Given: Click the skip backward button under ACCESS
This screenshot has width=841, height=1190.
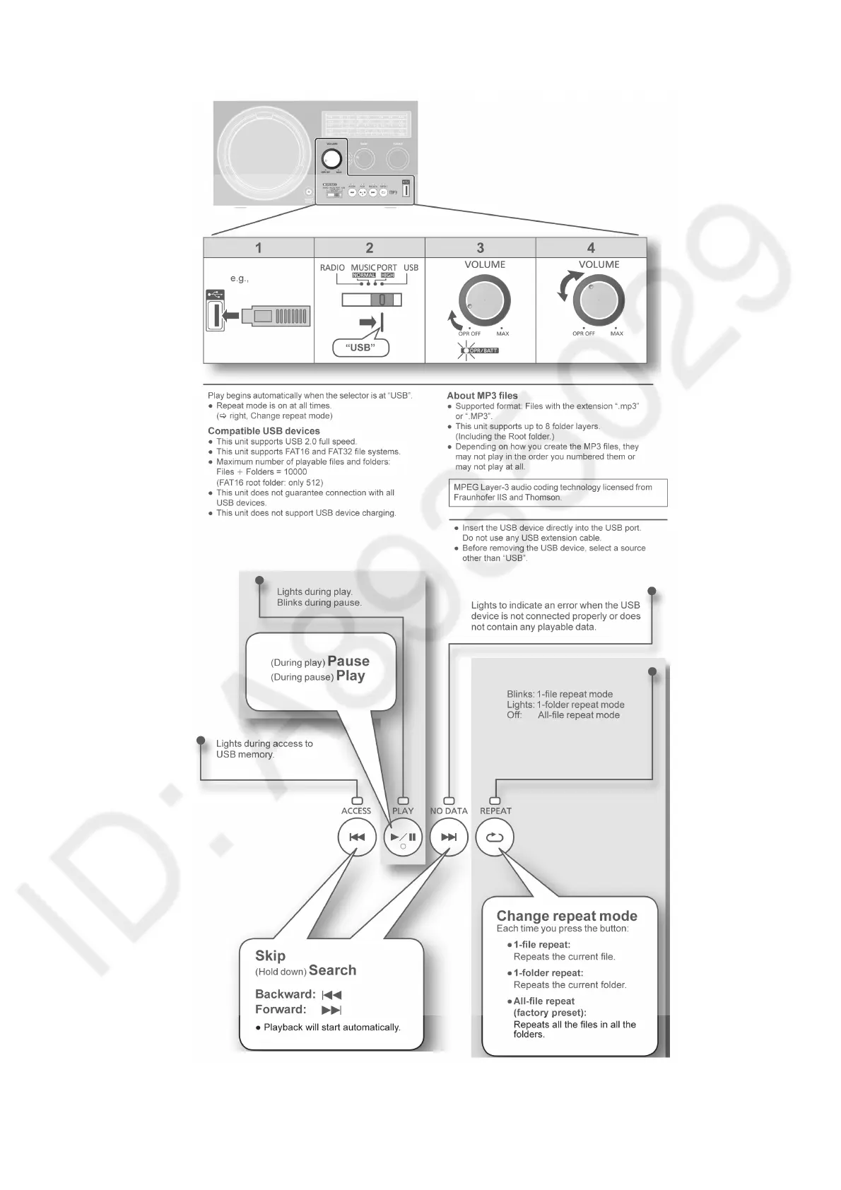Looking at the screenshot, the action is (357, 837).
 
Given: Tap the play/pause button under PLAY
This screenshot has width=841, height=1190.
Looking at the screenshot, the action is (403, 837).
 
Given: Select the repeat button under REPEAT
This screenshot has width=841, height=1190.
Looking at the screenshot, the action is (495, 837).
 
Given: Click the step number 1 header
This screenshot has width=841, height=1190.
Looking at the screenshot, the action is (259, 248).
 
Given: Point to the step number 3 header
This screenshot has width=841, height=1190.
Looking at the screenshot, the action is (481, 248).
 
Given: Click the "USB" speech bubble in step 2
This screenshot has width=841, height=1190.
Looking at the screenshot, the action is (360, 348).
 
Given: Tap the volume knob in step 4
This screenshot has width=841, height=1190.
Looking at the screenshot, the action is (599, 300).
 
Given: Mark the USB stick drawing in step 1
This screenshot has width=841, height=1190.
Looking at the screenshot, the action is (276, 316).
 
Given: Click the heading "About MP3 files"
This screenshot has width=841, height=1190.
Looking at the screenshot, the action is (482, 396).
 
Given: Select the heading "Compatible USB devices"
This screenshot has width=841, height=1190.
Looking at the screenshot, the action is (264, 431).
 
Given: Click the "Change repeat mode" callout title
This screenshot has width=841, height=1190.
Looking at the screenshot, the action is (567, 916).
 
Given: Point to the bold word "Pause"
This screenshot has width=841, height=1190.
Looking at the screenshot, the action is (348, 661).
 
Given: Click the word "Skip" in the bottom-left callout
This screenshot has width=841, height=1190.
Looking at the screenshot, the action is (270, 956).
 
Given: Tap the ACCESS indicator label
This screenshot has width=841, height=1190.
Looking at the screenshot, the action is (356, 811).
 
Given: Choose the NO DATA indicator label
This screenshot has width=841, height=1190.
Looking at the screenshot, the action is (449, 811).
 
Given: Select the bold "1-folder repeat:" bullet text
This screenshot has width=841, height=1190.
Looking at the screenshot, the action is (548, 973).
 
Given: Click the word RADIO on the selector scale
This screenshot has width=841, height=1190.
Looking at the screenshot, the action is (332, 268).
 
